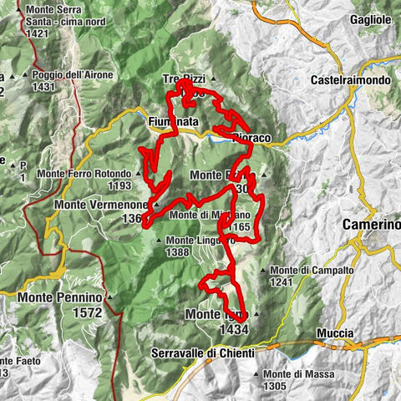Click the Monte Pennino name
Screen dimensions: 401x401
[x=57, y=297]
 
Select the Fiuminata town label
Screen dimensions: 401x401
[x=173, y=122]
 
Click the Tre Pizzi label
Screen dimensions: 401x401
[x=183, y=79]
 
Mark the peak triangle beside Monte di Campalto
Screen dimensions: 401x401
[x=265, y=271]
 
